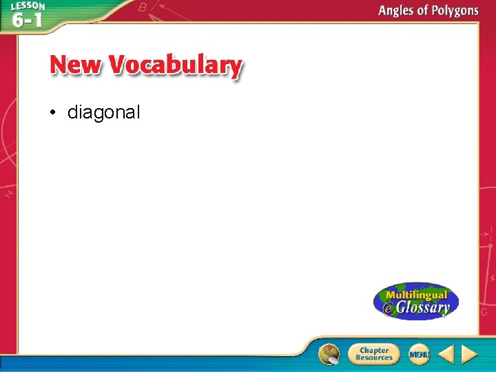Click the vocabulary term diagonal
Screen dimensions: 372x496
coord(103,112)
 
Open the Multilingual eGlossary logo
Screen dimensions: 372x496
coord(415,301)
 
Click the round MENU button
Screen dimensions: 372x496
coord(419,354)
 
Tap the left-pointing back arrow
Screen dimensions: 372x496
coord(446,354)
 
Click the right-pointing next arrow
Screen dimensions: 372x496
coord(470,354)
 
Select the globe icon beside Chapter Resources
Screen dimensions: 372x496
coord(329,354)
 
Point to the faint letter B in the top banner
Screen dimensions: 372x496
coord(143,8)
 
